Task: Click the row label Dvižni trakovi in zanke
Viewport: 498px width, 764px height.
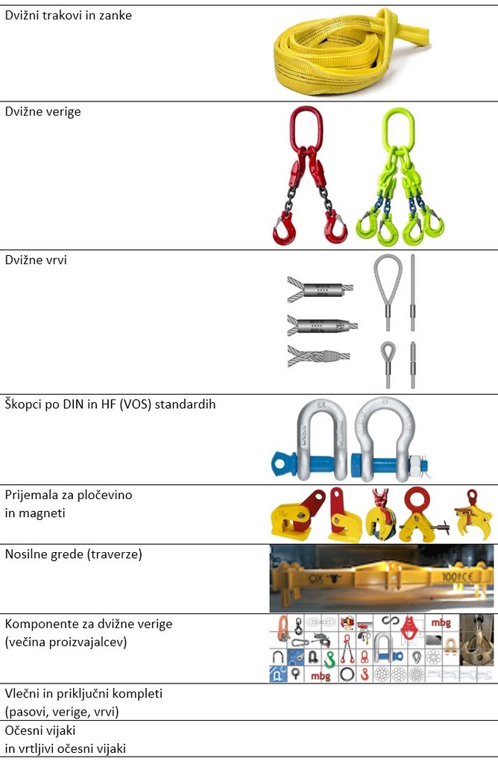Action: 68,16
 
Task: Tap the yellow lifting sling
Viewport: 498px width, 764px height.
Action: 351,51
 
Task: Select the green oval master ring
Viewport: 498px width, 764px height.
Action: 398,128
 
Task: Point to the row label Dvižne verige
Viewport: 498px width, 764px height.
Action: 42,112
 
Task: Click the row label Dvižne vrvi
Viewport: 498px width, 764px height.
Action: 36,260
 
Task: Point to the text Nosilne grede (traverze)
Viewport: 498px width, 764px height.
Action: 74,554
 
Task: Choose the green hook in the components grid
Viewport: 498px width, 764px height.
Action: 330,659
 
